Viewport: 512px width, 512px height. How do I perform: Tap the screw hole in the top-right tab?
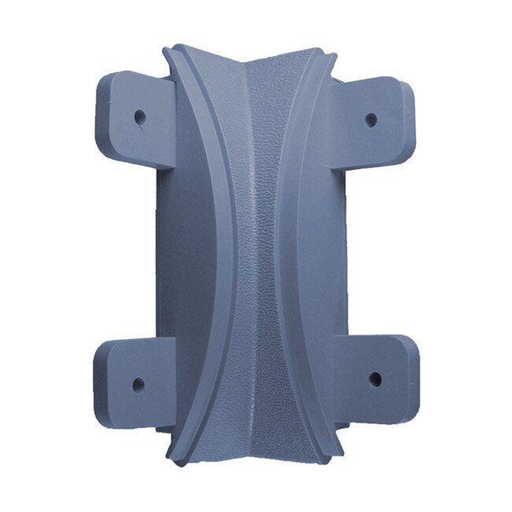pos(370,120)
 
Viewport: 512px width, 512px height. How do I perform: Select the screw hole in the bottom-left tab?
pos(139,385)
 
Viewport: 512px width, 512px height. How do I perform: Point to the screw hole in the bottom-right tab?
pos(374,379)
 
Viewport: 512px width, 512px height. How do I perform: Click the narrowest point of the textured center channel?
pos(256,260)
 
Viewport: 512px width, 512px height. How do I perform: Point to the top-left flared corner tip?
pos(168,51)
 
